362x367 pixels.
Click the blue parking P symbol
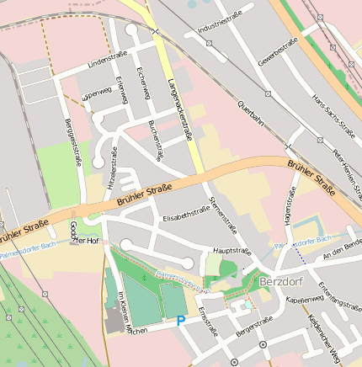[180, 321]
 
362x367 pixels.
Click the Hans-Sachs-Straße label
[331, 109]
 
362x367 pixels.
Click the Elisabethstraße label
[186, 215]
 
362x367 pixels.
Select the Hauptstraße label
[232, 251]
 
